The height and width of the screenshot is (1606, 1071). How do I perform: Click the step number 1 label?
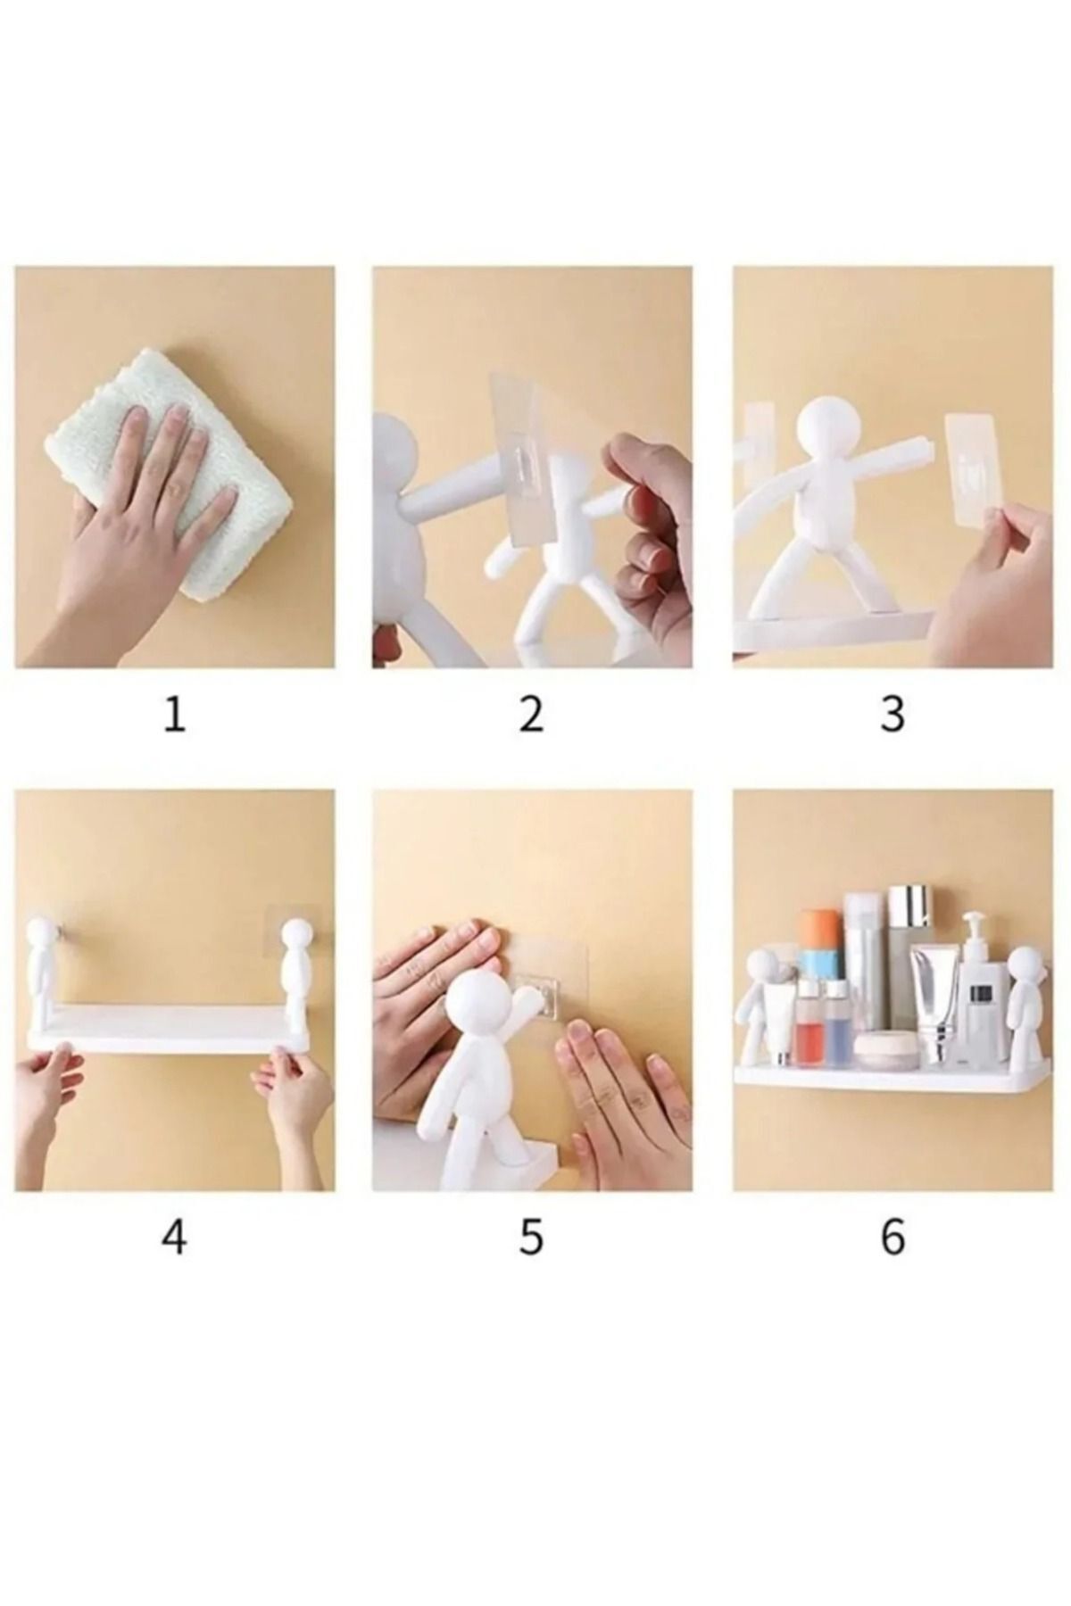pyautogui.click(x=175, y=715)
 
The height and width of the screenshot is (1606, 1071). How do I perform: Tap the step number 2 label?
pyautogui.click(x=531, y=715)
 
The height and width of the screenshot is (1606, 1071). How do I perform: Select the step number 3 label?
pyautogui.click(x=892, y=715)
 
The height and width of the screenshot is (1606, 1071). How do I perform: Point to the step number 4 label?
pyautogui.click(x=175, y=1238)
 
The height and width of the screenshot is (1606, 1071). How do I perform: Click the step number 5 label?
pyautogui.click(x=531, y=1238)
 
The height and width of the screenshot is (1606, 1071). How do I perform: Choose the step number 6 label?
pyautogui.click(x=892, y=1238)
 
